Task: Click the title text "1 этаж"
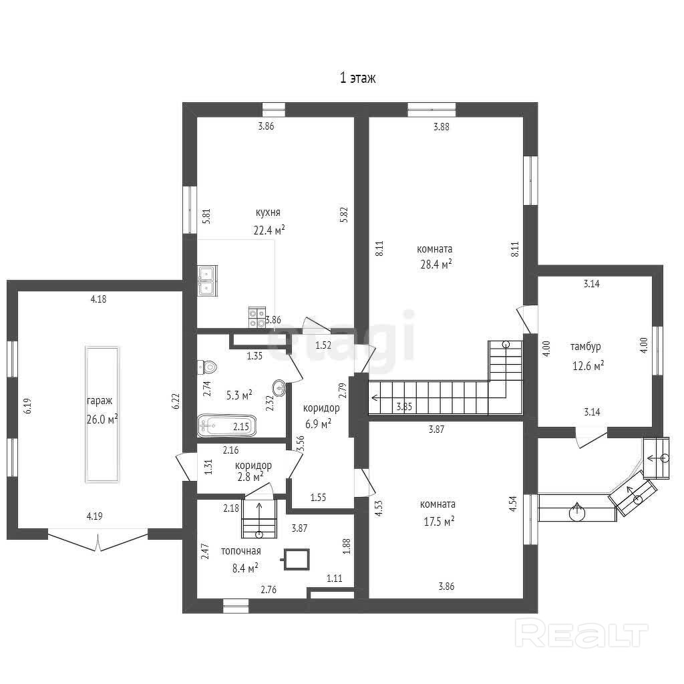(x=357, y=78)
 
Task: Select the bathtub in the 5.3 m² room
(x=227, y=425)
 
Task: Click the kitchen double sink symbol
(x=207, y=281)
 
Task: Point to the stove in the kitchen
(x=257, y=317)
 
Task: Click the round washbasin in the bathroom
(x=279, y=387)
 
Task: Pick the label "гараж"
(x=100, y=401)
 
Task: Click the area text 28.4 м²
(x=436, y=264)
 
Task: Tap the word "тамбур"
(x=585, y=347)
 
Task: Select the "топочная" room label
(x=240, y=551)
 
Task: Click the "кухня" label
(x=268, y=212)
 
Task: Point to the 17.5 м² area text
(x=439, y=521)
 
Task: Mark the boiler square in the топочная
(x=297, y=559)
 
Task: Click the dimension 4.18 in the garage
(x=98, y=299)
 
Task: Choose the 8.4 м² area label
(x=244, y=568)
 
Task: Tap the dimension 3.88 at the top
(x=441, y=127)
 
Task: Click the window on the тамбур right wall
(x=657, y=350)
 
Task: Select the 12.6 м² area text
(x=588, y=365)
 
